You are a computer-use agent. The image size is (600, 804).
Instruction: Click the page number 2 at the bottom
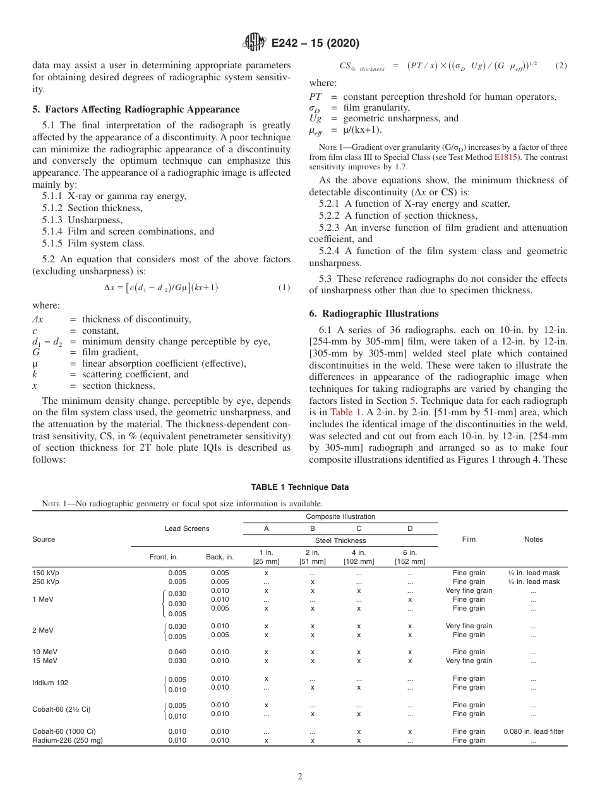point(300,776)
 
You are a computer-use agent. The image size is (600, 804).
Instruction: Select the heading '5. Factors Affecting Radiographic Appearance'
point(136,109)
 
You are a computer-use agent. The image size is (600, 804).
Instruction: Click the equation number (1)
point(284,288)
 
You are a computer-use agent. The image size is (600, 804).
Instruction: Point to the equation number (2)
point(561,66)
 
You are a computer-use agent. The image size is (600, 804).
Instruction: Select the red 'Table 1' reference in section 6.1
point(346,411)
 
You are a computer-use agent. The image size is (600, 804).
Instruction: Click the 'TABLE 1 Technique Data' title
point(299,487)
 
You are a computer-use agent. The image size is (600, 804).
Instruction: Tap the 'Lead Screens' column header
point(187,528)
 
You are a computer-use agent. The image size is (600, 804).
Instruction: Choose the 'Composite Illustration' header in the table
point(341,516)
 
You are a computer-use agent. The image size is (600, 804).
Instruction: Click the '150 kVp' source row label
point(45,573)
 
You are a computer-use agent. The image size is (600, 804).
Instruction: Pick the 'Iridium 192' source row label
point(51,683)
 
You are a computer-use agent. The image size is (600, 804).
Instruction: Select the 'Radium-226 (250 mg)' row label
point(68,740)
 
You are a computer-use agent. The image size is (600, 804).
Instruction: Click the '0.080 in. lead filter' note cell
point(533,731)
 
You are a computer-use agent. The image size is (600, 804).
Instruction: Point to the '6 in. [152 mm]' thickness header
point(410,557)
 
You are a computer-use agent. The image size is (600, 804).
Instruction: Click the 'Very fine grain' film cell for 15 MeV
point(469,661)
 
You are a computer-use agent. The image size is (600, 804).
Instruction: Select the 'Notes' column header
point(533,539)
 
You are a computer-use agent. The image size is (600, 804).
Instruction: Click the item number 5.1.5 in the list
point(53,243)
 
